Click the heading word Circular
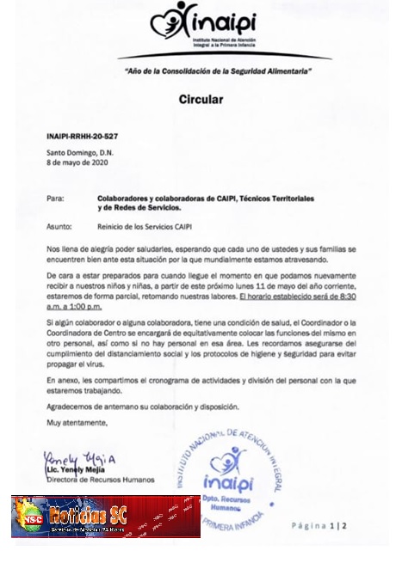201,100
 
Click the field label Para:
56,199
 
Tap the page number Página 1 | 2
318,524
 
